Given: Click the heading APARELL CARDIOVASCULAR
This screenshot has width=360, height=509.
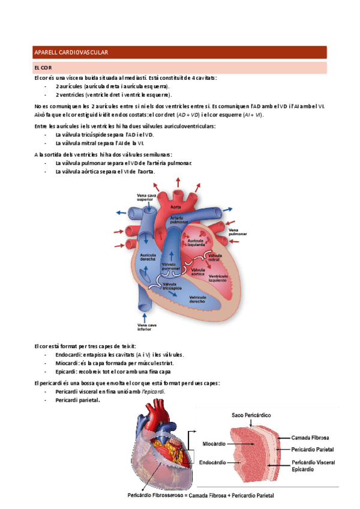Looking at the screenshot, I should [x=71, y=53].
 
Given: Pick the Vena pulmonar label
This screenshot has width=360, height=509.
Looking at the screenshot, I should [x=238, y=231].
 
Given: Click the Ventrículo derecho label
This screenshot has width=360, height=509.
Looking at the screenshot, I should [x=198, y=299].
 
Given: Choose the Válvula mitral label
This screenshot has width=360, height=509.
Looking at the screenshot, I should [x=215, y=258].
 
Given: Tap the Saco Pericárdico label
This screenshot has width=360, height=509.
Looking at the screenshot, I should [x=252, y=415].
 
